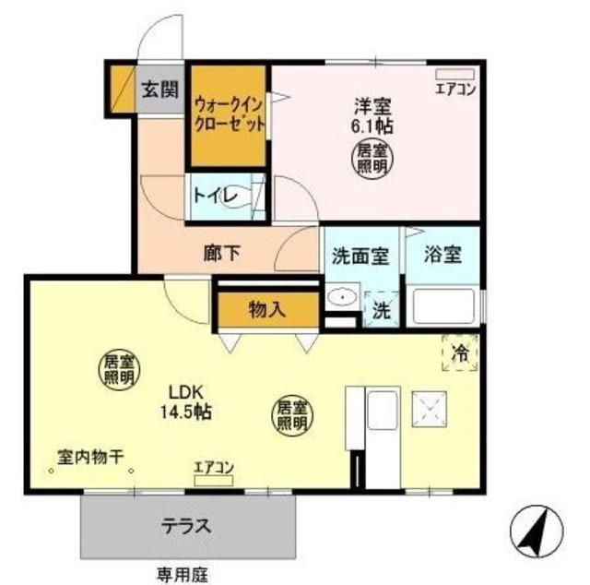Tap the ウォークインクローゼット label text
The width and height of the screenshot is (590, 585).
click(230, 114)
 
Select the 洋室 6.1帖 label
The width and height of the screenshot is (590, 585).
click(372, 115)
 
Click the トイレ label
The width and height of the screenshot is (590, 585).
click(215, 196)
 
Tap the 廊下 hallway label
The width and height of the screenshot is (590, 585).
click(220, 253)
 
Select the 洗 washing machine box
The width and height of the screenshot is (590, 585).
click(380, 310)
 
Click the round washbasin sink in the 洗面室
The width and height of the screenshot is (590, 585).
click(343, 298)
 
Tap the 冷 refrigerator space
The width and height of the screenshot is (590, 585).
click(461, 352)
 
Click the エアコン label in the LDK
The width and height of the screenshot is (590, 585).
click(214, 468)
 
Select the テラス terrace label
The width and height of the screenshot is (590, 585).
click(189, 528)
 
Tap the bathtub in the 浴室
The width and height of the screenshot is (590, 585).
click(442, 306)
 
